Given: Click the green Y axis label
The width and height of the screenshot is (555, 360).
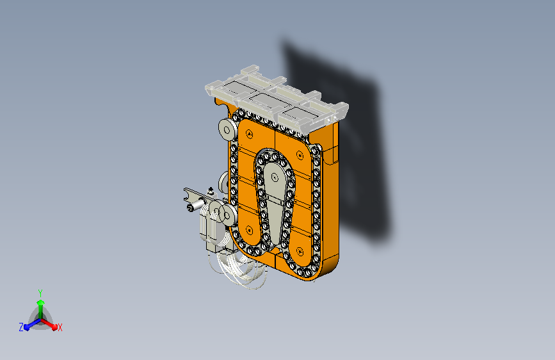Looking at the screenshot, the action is point(40,293).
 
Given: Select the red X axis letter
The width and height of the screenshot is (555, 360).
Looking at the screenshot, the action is point(60,328).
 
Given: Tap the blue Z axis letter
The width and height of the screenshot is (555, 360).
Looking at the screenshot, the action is point(21,327).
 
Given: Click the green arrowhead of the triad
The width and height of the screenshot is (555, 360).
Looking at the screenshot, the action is point(41,303).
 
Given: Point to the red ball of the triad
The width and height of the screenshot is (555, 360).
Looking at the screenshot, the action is point(54,327).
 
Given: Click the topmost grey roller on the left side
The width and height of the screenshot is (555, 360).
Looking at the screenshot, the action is point(227,130).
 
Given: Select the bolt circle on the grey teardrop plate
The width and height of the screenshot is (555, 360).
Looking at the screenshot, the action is point(275,177).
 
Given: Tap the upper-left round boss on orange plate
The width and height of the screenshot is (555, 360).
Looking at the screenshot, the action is point(249,135).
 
